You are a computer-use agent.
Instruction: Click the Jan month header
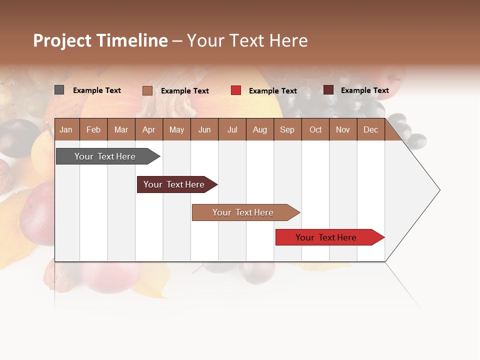point(66,130)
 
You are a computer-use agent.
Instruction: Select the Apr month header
point(148,130)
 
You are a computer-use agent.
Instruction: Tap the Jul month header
point(232,130)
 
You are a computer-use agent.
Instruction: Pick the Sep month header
point(287,130)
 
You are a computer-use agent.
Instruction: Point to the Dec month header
point(370,130)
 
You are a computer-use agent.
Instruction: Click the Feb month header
point(93,130)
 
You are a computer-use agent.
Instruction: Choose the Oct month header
point(315,130)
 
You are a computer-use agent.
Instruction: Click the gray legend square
point(59,90)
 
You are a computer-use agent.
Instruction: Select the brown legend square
point(147,90)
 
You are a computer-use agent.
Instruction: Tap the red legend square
point(236,90)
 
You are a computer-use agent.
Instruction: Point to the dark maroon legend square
point(328,90)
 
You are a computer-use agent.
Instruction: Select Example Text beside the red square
point(272,91)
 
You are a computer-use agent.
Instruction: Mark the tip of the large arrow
point(439,189)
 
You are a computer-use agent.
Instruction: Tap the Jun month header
point(204,130)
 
